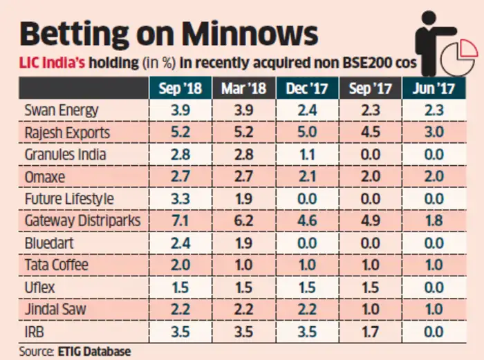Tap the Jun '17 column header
(434, 88)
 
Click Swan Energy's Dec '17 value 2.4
(307, 111)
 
